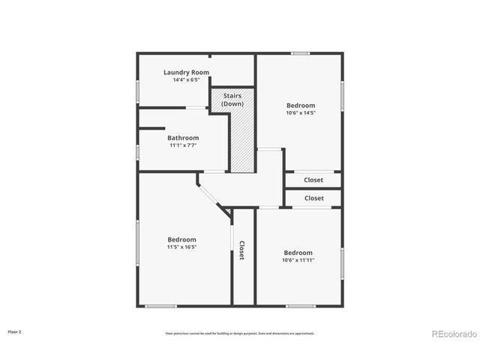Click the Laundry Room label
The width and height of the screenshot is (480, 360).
pyautogui.click(x=186, y=72)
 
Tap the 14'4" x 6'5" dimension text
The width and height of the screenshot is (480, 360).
pyautogui.click(x=186, y=79)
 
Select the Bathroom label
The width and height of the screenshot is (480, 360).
pyautogui.click(x=183, y=138)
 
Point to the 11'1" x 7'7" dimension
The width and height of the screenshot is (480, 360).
pyautogui.click(x=183, y=145)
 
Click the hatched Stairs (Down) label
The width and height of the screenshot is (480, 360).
pyautogui.click(x=232, y=100)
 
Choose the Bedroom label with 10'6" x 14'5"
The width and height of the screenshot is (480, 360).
pyautogui.click(x=300, y=106)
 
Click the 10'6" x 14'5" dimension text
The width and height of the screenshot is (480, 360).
pyautogui.click(x=300, y=113)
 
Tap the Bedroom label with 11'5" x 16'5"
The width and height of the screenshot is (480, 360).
pyautogui.click(x=181, y=239)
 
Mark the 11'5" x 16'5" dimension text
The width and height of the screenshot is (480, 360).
pyautogui.click(x=181, y=247)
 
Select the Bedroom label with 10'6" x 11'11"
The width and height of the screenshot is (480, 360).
pyautogui.click(x=298, y=253)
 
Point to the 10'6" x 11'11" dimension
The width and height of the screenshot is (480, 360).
pyautogui.click(x=298, y=260)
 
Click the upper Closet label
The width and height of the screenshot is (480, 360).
pyautogui.click(x=313, y=180)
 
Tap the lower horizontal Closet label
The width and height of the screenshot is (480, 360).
pyautogui.click(x=313, y=198)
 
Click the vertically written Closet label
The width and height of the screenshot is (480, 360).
pyautogui.click(x=242, y=250)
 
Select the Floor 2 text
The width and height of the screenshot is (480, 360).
pyautogui.click(x=15, y=331)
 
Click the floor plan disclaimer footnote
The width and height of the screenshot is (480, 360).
pyautogui.click(x=240, y=333)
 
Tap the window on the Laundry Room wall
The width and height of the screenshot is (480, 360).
pyautogui.click(x=137, y=91)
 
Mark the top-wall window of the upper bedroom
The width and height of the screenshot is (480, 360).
pyautogui.click(x=300, y=53)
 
